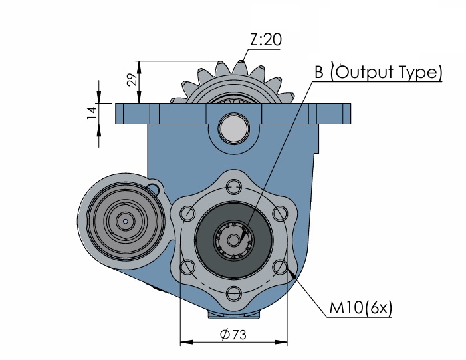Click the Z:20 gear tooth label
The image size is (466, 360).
[265, 39]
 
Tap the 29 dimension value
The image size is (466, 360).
[132, 79]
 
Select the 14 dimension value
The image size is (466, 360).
[92, 113]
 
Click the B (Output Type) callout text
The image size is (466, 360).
[379, 72]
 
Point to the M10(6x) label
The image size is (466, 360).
[361, 307]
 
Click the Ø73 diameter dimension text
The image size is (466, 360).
[233, 335]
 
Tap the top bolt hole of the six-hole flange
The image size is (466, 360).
[233, 187]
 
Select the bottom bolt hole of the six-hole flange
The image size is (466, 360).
[233, 293]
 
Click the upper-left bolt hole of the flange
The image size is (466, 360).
[188, 214]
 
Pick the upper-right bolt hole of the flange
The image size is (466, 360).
[280, 214]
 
